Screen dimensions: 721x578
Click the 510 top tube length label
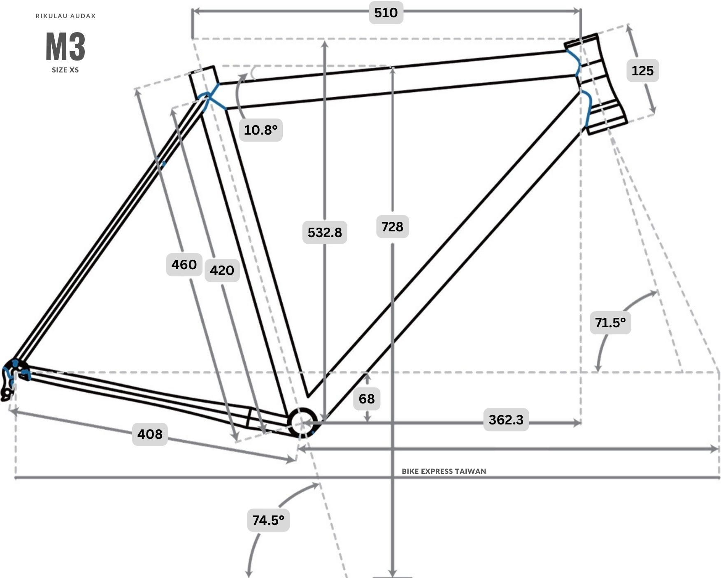coord(386,12)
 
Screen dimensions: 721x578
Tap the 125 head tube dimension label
coord(642,70)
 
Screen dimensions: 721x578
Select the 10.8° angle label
coord(260,130)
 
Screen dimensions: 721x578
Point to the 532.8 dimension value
coord(325,232)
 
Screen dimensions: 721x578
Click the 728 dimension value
coord(392,226)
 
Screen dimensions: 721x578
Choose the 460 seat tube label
coord(184,264)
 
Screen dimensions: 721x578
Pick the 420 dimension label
coord(222,270)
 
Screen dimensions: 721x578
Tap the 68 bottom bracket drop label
coord(367,399)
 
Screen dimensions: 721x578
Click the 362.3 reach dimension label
coord(506,420)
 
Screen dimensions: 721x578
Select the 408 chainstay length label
coord(150,434)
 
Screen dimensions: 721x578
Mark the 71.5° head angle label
coord(610,322)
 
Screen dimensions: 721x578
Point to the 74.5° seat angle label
coord(268,520)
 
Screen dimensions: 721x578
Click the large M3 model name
coord(65,47)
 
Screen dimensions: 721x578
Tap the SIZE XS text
coord(65,70)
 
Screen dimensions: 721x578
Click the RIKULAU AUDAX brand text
coord(66,16)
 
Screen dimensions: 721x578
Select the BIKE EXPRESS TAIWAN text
coord(444,471)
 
